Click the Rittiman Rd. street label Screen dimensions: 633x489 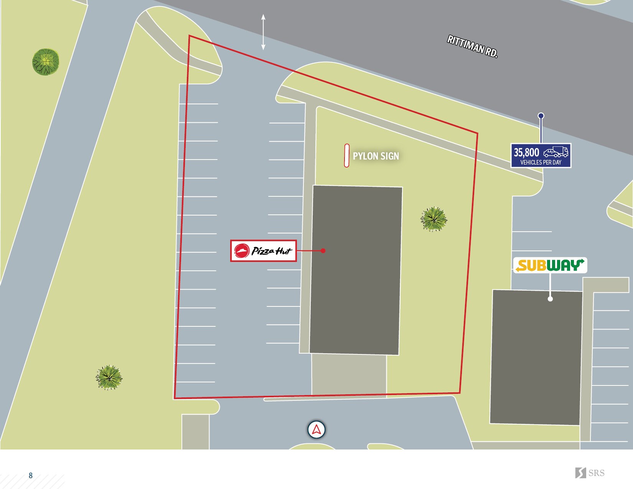[x=472, y=46]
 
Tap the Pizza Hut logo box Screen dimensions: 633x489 [x=263, y=251]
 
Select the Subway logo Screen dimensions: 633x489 [x=550, y=265]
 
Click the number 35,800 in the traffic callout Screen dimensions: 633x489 [x=526, y=152]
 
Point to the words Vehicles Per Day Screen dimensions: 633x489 [x=541, y=163]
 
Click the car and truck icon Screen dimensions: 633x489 [x=556, y=152]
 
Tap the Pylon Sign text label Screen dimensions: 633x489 [x=376, y=156]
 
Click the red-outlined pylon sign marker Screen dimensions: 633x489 [x=346, y=156]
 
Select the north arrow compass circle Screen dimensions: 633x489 [x=316, y=430]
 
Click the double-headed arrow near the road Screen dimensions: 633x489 [x=263, y=32]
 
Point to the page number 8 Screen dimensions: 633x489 [x=31, y=476]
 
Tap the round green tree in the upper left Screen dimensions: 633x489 [x=46, y=62]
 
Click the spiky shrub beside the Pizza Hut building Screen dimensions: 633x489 [x=434, y=219]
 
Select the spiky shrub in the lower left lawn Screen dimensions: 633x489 [x=109, y=377]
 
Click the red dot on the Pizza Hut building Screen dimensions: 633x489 [x=323, y=251]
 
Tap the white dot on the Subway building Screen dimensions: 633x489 [x=550, y=299]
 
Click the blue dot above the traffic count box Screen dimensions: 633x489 [x=541, y=115]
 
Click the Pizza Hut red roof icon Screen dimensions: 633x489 [x=242, y=251]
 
